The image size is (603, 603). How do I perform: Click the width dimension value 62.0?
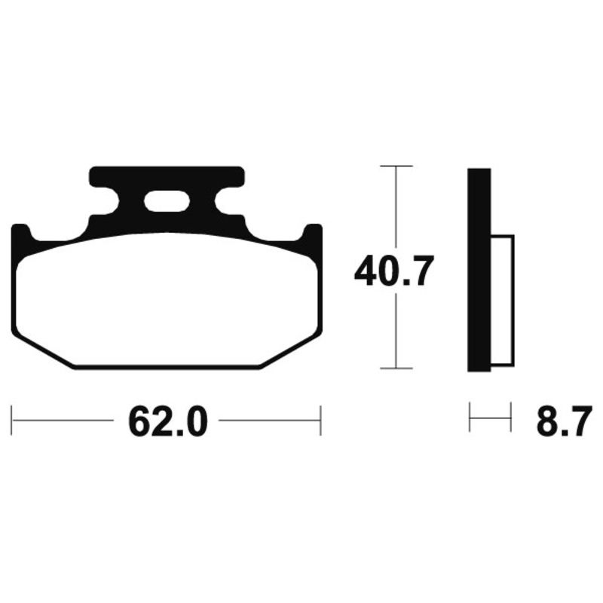click(x=167, y=422)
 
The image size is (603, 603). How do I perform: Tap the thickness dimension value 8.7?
click(x=564, y=422)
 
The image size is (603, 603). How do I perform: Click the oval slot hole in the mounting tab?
click(x=167, y=201)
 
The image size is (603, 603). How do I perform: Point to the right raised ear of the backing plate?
click(x=313, y=234)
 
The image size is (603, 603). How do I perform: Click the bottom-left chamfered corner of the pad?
click(x=41, y=350)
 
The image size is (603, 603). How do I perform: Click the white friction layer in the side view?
click(x=502, y=301)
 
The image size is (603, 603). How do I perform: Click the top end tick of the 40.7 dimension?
click(x=396, y=165)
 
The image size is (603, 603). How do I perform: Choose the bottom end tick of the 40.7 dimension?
click(x=396, y=369)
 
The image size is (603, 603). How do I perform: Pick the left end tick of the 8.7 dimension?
click(x=470, y=418)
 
